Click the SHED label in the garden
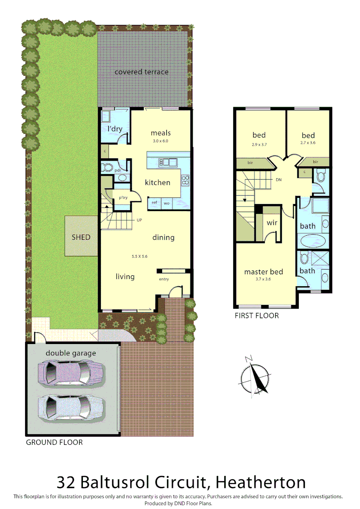81,237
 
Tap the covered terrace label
141,72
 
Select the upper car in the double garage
66,372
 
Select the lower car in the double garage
71,406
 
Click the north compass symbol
255,378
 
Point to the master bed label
263,271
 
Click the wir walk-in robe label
272,222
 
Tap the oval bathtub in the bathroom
312,240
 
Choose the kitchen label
157,182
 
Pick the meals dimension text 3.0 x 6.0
160,141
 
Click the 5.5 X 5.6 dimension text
139,256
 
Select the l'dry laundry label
115,129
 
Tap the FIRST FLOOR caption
256,315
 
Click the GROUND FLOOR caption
54,442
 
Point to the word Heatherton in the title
260,482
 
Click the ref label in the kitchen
154,203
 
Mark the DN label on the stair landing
278,179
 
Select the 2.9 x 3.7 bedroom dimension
259,145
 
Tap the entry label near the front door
164,279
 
